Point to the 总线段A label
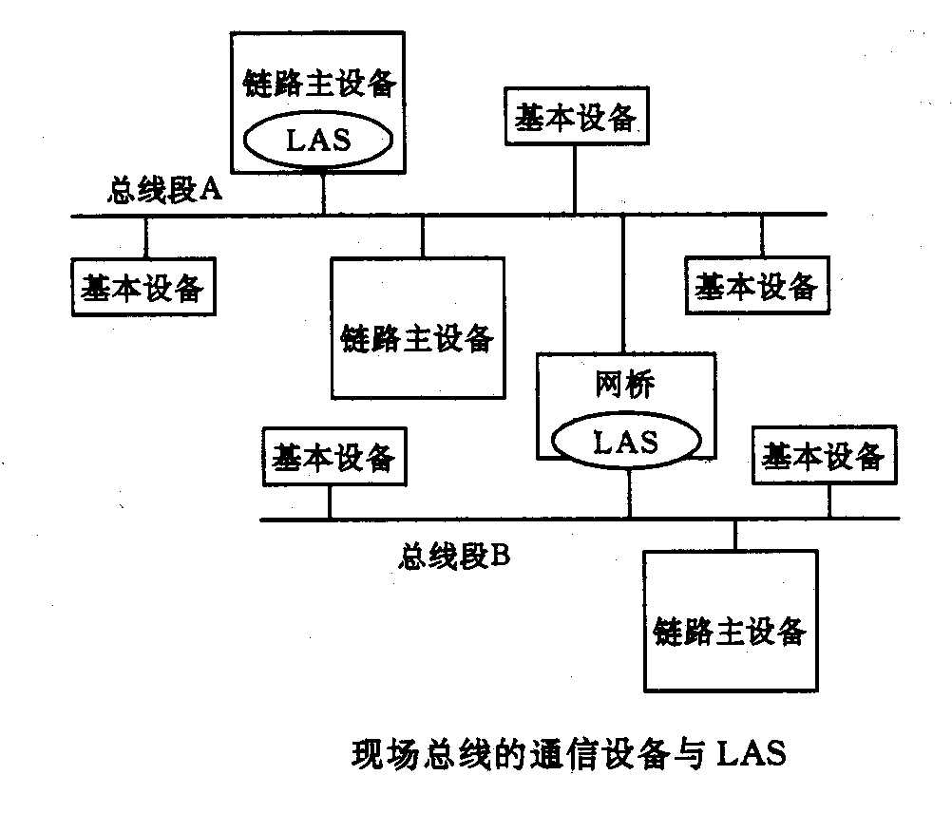point(163,191)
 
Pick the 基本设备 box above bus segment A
point(574,119)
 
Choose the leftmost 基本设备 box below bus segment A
point(143,287)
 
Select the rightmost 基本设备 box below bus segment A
point(756,285)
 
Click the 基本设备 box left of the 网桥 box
point(332,458)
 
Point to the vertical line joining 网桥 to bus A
point(623,285)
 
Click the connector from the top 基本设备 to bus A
point(574,180)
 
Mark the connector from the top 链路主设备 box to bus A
point(323,194)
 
